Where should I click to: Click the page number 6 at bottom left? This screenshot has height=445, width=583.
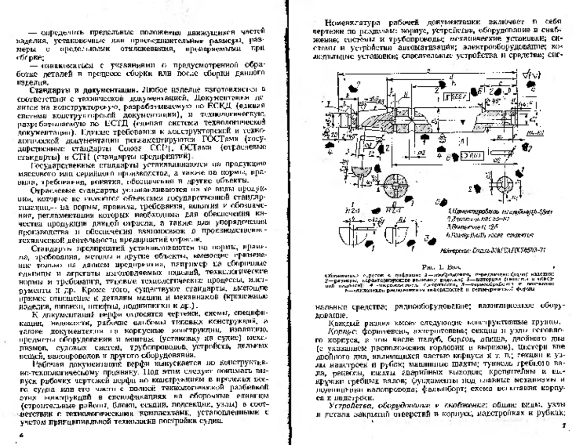21,436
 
